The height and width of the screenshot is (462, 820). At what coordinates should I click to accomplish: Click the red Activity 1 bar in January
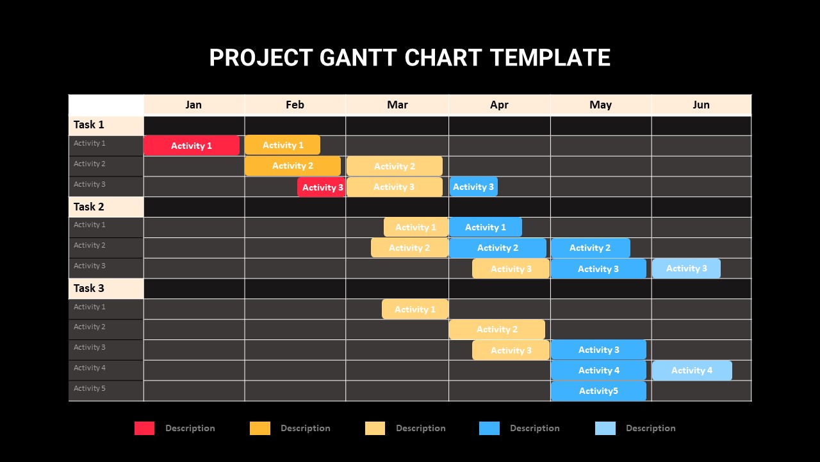click(x=192, y=146)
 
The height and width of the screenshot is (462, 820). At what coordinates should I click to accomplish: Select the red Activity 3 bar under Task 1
click(x=322, y=187)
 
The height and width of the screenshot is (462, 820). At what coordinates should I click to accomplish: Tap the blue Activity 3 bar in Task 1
click(x=473, y=187)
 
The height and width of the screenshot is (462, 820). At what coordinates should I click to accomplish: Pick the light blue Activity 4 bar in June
click(x=692, y=370)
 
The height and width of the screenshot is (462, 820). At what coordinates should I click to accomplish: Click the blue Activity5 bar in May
click(x=598, y=391)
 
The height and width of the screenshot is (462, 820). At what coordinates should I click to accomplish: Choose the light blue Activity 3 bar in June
click(x=686, y=268)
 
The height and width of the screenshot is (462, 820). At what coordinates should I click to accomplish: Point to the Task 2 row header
click(x=106, y=207)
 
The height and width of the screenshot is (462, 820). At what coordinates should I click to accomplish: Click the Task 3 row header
click(x=106, y=289)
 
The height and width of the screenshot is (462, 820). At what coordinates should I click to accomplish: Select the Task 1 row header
click(x=106, y=125)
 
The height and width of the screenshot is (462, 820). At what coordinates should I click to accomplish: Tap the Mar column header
click(x=397, y=105)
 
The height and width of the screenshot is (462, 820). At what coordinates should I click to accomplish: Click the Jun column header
click(x=701, y=105)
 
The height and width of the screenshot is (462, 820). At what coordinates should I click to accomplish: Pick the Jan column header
click(x=193, y=105)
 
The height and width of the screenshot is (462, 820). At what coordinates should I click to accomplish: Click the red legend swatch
click(x=144, y=428)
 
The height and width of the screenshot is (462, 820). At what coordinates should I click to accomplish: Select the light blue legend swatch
click(x=605, y=428)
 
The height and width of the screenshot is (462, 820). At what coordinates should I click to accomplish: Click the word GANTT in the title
click(x=358, y=58)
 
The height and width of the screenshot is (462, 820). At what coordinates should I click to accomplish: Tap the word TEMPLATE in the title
click(x=550, y=58)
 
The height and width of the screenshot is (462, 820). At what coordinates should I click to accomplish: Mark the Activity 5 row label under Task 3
click(x=89, y=388)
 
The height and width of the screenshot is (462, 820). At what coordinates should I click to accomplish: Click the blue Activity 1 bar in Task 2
click(x=486, y=227)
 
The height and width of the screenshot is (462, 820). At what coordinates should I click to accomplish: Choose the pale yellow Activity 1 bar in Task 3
click(x=415, y=309)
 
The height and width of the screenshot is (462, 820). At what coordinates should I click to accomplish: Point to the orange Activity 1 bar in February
click(x=283, y=145)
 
